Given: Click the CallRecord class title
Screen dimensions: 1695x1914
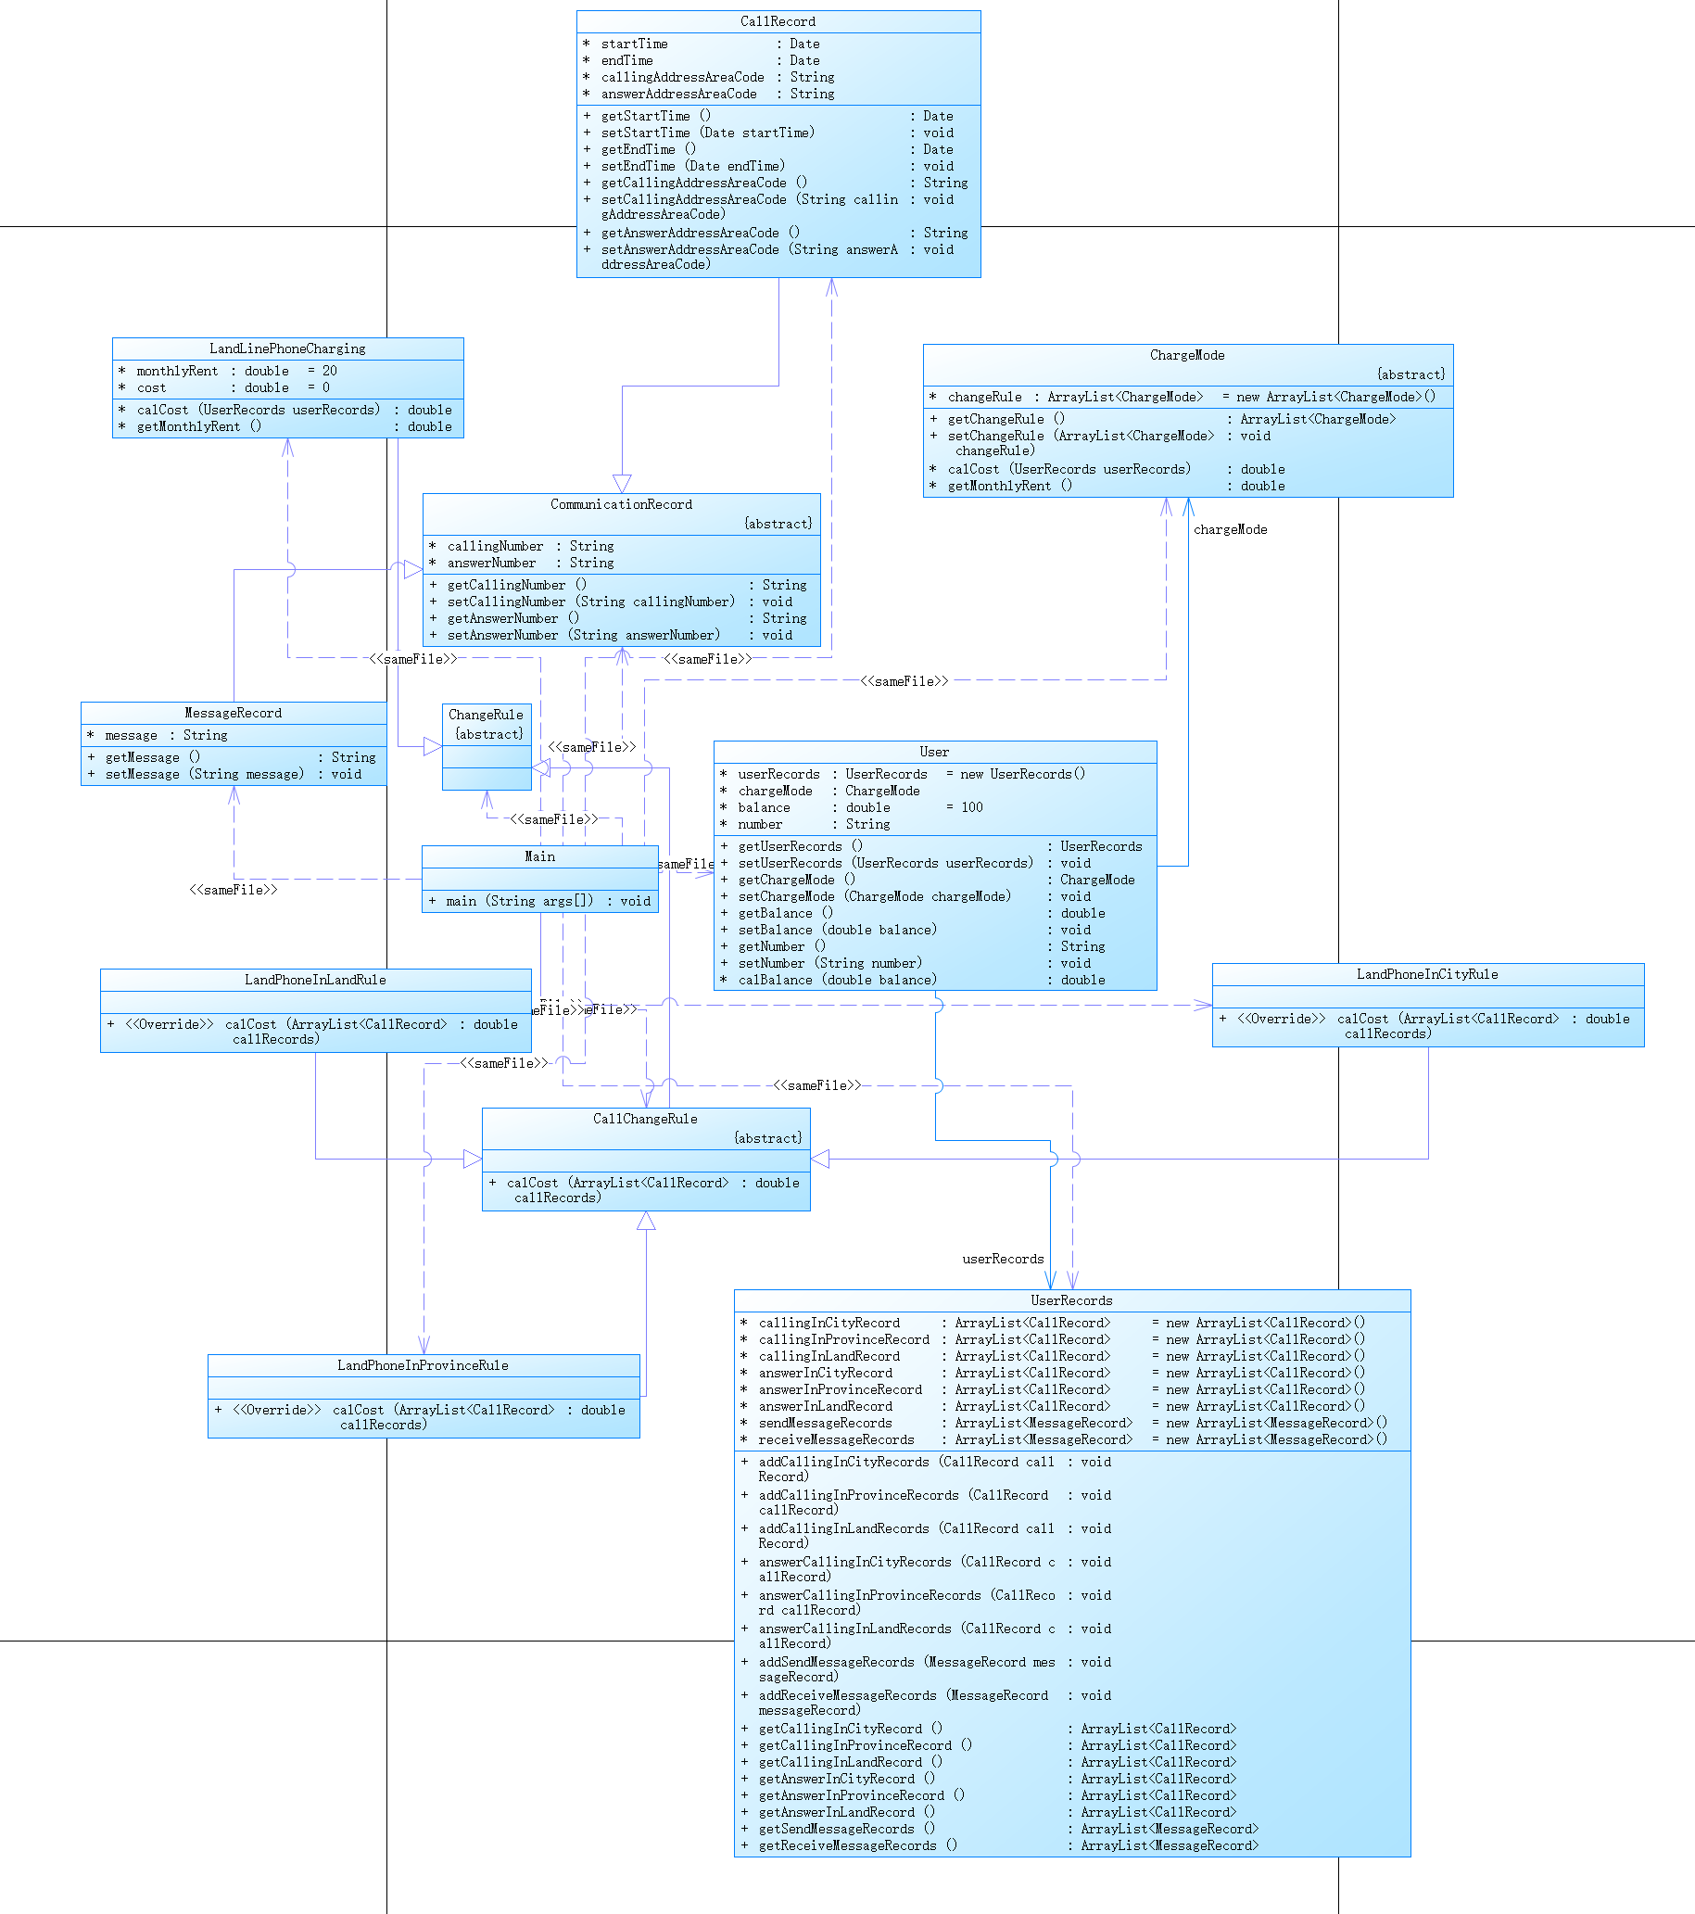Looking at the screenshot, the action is pos(778,21).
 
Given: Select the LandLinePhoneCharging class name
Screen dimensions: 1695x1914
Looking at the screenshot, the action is pos(287,349).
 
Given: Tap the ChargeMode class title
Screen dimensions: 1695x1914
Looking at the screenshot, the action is pos(1186,356).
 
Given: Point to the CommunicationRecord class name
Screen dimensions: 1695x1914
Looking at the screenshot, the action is pos(621,505).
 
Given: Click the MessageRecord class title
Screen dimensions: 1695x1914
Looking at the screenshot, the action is pos(234,714).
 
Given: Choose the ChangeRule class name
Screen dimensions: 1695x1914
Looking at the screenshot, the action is pos(486,716).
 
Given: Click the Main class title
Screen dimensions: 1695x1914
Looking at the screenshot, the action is pos(539,856).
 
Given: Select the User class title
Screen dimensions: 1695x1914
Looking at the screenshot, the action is pos(933,752).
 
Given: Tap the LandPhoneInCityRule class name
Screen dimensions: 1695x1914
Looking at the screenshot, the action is pos(1427,975).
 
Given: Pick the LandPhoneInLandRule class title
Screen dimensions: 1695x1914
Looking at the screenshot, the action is pos(315,981).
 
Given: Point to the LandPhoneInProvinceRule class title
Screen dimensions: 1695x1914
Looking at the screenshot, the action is pos(424,1366).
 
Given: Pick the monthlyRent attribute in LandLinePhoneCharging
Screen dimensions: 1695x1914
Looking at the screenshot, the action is pos(177,372).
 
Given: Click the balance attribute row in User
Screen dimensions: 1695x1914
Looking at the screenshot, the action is pos(765,808).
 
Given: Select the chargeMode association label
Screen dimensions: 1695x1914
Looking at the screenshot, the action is pos(1230,530).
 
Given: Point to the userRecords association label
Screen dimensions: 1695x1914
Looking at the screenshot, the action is pos(1002,1260).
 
